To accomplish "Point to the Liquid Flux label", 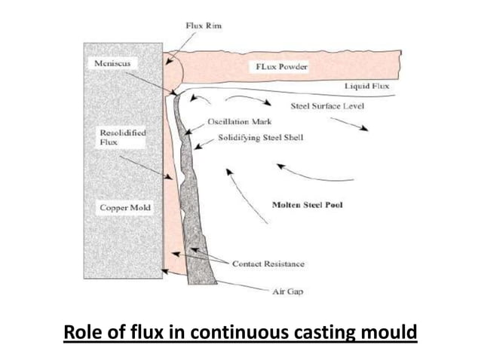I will (367, 87).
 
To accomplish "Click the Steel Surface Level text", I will (326, 106).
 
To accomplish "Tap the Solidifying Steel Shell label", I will (260, 139).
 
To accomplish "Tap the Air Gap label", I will (287, 292).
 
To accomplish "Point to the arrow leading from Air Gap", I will (241, 287).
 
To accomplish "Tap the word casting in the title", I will (313, 332).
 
